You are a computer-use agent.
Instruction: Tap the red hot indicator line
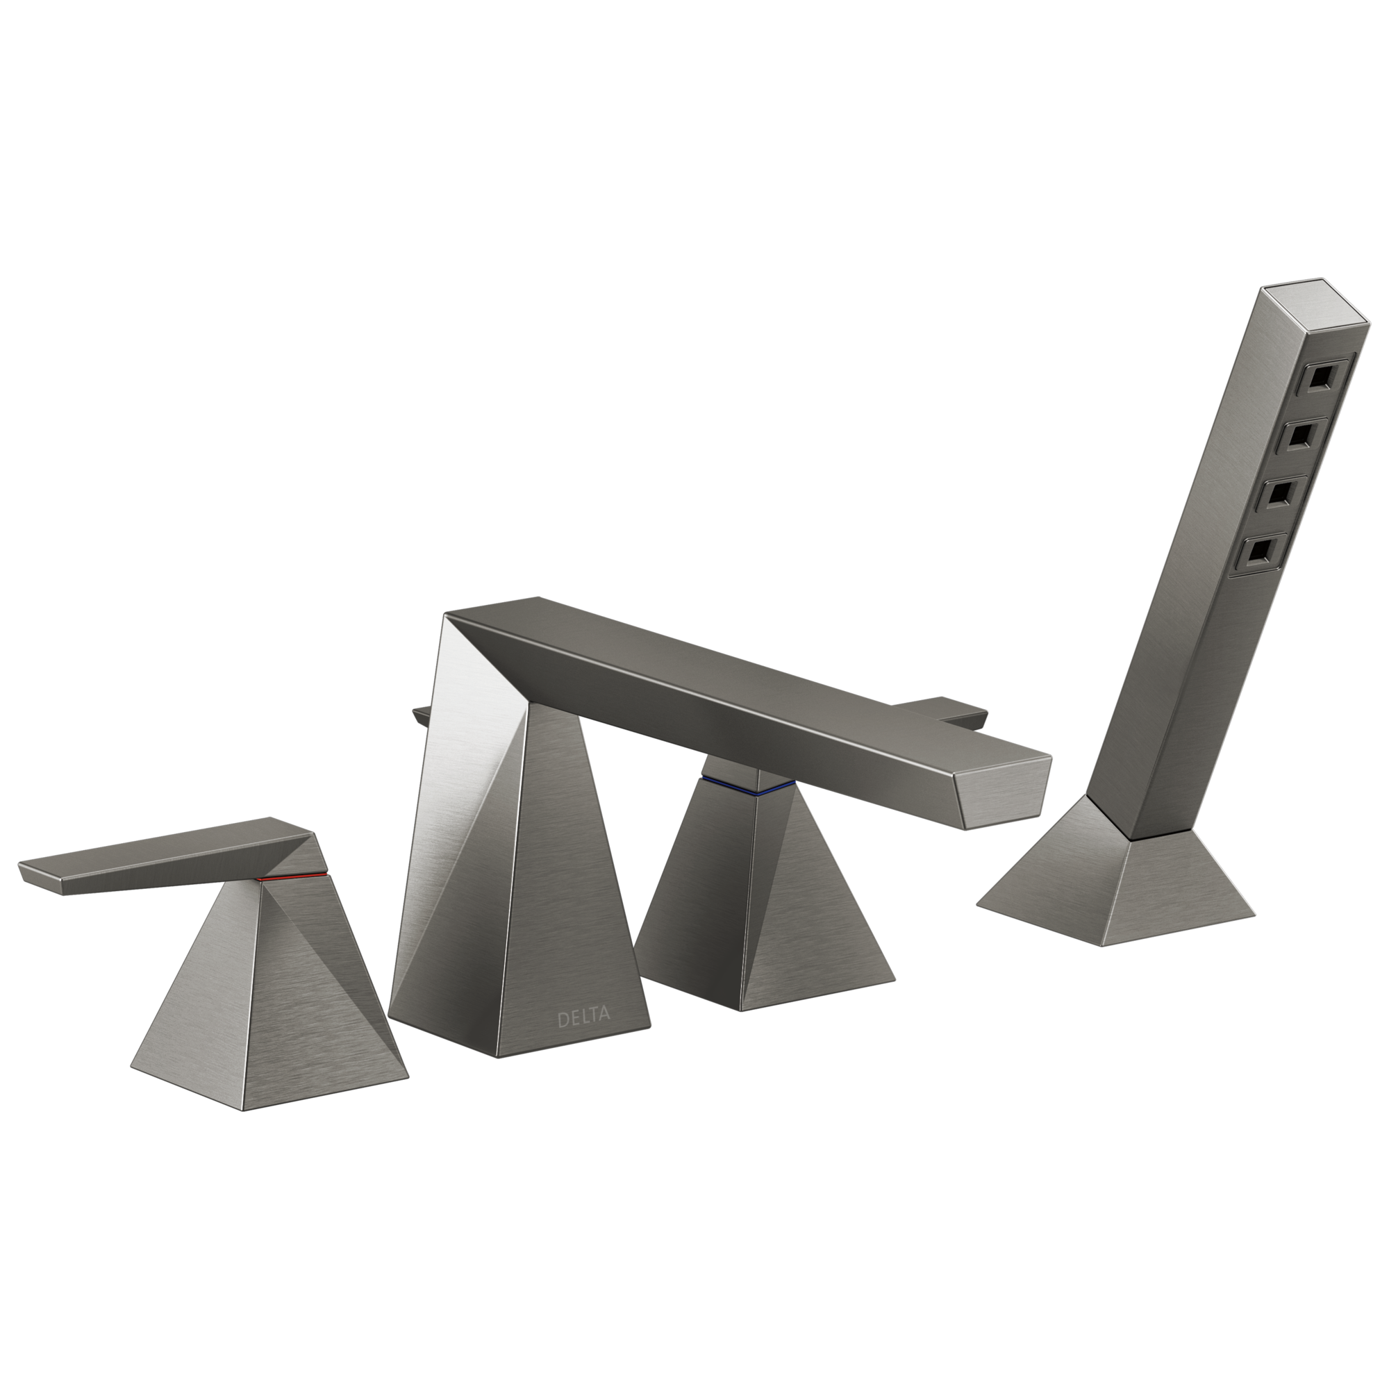(292, 877)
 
